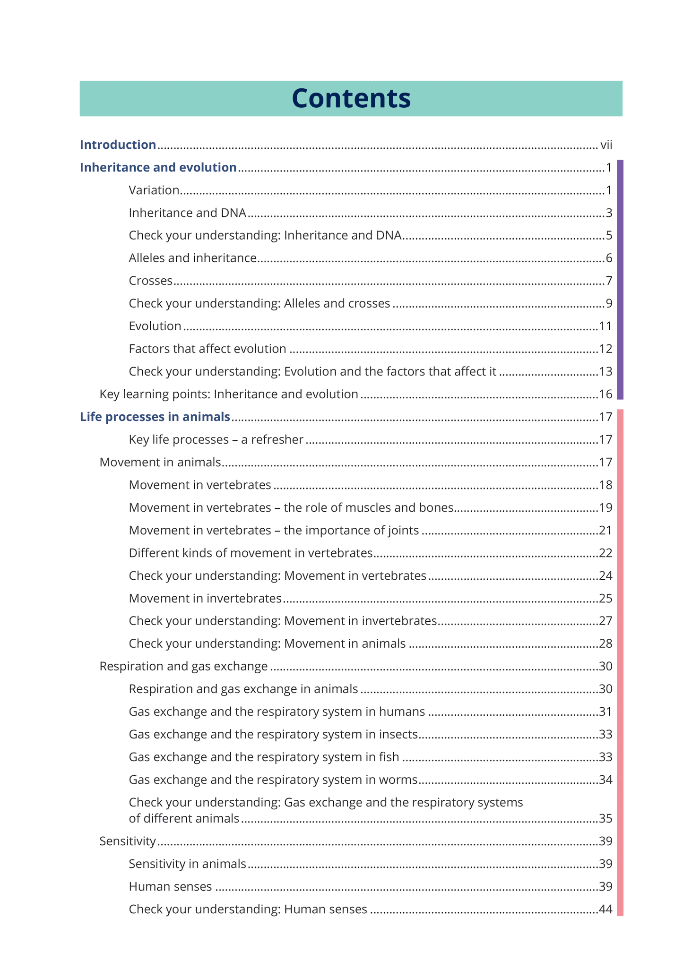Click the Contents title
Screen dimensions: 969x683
click(351, 98)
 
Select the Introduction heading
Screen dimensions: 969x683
click(118, 145)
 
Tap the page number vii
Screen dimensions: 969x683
click(606, 145)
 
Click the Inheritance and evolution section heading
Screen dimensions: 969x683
click(158, 167)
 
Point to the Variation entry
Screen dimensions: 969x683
click(154, 190)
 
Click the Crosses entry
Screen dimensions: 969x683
click(150, 281)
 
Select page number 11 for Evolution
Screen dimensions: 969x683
click(605, 326)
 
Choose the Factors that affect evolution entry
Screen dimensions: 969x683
click(207, 349)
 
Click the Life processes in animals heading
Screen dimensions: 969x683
click(155, 417)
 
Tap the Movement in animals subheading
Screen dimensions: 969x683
click(160, 462)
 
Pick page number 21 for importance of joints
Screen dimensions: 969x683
click(605, 530)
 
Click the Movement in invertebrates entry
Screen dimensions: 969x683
click(205, 598)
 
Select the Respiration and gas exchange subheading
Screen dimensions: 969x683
click(183, 666)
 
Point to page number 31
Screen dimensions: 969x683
click(605, 712)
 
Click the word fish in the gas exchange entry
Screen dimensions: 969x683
click(389, 757)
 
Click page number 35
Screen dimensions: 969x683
click(605, 818)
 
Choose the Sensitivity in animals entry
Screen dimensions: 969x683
click(187, 864)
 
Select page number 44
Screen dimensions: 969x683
click(605, 909)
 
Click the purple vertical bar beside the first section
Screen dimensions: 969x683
click(620, 280)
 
